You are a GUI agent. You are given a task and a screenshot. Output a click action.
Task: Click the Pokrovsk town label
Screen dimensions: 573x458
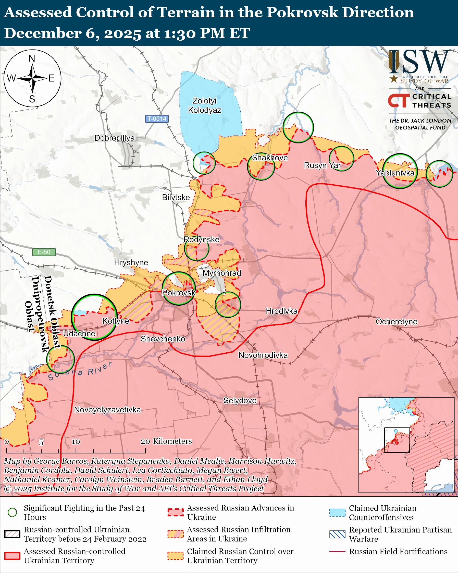click(179, 293)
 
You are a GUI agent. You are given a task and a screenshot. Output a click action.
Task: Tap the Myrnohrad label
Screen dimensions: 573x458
click(222, 273)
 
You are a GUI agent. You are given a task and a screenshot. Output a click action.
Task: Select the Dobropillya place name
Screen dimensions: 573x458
click(114, 138)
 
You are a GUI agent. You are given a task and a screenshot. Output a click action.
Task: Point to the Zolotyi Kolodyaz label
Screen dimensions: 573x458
click(204, 105)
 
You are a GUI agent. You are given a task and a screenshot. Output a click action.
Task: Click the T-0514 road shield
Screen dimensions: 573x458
click(157, 118)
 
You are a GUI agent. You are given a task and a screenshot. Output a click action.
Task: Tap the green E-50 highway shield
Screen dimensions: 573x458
click(44, 252)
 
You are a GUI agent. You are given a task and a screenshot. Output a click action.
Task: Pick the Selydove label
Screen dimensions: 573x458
click(240, 401)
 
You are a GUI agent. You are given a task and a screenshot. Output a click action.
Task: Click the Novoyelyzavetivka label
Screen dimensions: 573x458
click(107, 410)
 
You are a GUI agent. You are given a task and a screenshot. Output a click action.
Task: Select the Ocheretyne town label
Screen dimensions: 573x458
click(397, 321)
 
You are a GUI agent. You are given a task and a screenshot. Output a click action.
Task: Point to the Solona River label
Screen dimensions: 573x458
click(80, 371)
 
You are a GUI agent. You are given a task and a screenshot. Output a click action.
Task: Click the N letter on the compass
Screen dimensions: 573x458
click(32, 58)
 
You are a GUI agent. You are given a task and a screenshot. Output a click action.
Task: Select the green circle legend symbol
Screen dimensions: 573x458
click(12, 512)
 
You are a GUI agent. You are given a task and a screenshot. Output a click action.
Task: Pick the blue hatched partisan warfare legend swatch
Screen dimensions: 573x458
click(337, 534)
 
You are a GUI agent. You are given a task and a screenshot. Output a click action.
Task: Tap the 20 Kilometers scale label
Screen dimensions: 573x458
click(166, 441)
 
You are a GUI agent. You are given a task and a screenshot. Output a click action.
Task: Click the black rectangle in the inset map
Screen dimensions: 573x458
click(397, 440)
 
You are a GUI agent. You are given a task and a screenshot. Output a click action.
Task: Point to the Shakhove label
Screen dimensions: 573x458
click(270, 158)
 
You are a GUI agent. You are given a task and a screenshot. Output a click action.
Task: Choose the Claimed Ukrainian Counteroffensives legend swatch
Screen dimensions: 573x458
click(337, 512)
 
